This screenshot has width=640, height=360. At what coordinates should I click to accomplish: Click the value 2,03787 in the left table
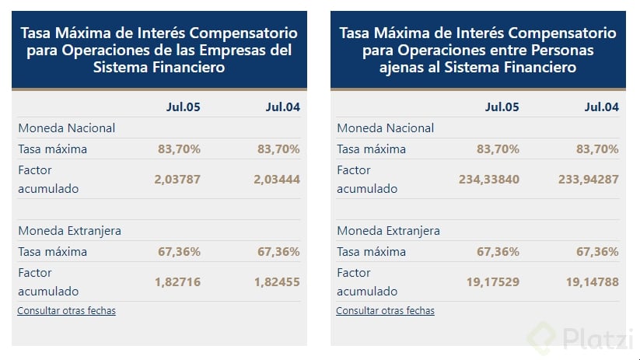[177, 179]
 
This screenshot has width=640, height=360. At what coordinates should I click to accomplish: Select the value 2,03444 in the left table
[277, 179]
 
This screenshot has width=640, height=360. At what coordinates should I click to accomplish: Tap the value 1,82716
[177, 282]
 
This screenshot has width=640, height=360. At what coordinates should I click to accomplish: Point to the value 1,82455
[277, 282]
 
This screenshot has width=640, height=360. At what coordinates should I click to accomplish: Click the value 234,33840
[488, 179]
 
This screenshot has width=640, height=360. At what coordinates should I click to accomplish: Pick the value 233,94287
[589, 179]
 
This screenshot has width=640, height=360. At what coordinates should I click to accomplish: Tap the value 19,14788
[592, 282]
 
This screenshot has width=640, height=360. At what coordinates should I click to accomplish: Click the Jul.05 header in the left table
[183, 107]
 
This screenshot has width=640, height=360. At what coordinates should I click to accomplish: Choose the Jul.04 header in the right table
[601, 107]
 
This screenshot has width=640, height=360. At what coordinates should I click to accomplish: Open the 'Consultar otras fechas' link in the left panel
[66, 310]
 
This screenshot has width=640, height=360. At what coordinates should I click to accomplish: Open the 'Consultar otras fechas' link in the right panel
[385, 310]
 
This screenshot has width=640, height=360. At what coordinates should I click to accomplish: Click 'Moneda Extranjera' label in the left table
[69, 231]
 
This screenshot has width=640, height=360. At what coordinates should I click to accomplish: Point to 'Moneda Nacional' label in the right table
[385, 128]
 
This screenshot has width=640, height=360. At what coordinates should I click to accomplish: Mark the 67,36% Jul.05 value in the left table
[180, 251]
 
